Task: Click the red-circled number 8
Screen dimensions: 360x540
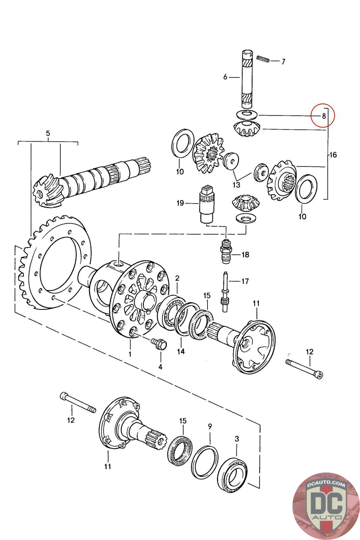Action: click(x=324, y=116)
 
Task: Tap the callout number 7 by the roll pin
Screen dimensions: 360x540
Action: click(x=283, y=62)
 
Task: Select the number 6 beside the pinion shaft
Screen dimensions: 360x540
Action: click(x=225, y=77)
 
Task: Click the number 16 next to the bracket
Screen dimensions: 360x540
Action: click(x=333, y=155)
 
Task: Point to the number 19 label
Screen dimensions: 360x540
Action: click(x=180, y=203)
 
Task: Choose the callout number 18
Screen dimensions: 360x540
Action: click(x=245, y=254)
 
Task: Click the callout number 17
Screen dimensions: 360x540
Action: click(x=245, y=281)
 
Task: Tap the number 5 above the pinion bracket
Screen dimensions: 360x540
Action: click(x=48, y=133)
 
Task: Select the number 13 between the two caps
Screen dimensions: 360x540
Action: click(x=237, y=185)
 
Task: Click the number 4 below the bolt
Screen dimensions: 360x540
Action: click(x=160, y=367)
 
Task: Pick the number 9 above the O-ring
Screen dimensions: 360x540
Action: click(x=210, y=427)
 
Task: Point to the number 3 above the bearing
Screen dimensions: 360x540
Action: click(x=237, y=439)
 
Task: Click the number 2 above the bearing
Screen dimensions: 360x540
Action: click(x=177, y=278)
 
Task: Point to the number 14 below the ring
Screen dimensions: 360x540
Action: click(x=181, y=351)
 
